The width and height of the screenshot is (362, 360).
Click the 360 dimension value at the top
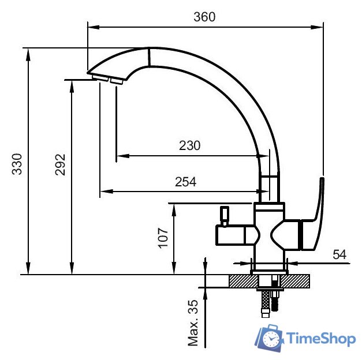204,17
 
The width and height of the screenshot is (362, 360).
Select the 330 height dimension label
17,163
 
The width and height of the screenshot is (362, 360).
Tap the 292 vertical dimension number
61,164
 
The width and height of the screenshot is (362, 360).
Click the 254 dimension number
185,182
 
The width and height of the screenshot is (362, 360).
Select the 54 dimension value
339,254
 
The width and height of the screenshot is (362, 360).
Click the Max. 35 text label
194,323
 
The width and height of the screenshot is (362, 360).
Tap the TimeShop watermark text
320,339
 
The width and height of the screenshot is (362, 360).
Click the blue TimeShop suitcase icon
268,338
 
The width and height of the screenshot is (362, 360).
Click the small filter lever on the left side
223,215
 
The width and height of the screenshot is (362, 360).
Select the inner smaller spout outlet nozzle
116,81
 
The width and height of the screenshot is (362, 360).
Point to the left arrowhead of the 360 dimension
91,27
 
